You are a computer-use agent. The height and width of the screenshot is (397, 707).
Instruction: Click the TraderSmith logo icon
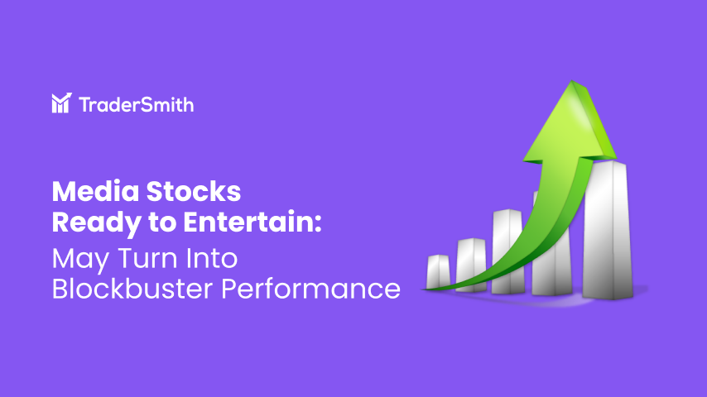60,103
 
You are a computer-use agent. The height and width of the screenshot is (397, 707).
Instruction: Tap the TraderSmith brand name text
137,103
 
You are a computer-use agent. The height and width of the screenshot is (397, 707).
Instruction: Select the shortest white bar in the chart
438,271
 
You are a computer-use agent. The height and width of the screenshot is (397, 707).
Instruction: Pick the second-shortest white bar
470,261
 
